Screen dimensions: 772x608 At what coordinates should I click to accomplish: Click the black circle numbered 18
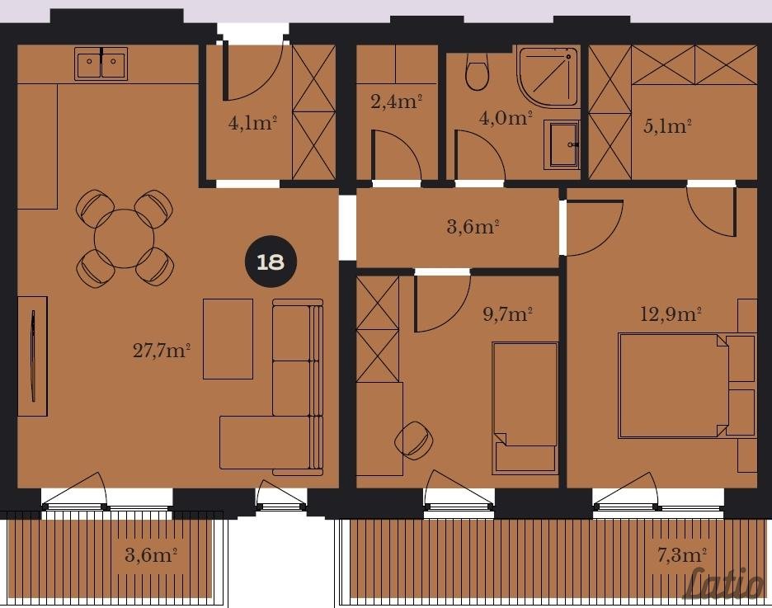[x=271, y=262]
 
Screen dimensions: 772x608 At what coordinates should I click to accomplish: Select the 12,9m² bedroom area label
[x=671, y=313]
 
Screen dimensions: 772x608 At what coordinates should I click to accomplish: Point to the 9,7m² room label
[x=508, y=313]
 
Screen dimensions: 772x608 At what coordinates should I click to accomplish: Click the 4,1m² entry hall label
[x=252, y=122]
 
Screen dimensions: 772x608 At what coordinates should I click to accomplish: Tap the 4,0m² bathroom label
[x=505, y=118]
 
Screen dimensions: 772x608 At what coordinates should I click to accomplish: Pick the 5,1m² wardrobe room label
[x=667, y=126]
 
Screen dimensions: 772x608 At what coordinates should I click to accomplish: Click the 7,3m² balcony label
[x=682, y=555]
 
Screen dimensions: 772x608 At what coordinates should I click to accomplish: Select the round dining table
[x=124, y=238]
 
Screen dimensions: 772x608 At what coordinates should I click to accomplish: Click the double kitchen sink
[x=101, y=64]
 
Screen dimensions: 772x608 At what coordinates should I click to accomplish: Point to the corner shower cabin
[x=548, y=76]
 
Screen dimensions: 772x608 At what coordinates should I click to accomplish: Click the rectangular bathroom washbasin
[x=563, y=144]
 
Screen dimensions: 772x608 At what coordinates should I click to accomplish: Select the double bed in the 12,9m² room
[x=673, y=385]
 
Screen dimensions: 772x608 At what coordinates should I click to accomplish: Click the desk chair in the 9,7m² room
[x=415, y=441]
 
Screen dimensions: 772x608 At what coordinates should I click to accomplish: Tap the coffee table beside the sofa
[x=228, y=339]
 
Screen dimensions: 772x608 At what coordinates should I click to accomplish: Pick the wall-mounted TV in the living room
[x=33, y=356]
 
